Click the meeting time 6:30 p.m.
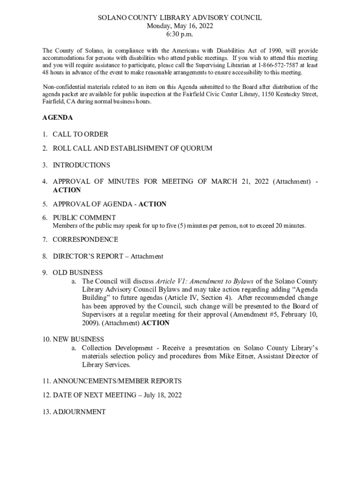(180, 34)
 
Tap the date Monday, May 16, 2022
(180, 26)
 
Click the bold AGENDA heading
(58, 118)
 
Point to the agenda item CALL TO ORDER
(80, 134)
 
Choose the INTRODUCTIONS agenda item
(81, 165)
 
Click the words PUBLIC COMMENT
(84, 218)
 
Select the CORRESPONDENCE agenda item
(85, 239)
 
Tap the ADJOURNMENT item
(79, 412)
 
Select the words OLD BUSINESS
(78, 272)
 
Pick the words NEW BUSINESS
(78, 339)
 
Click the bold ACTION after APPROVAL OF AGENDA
(152, 204)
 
